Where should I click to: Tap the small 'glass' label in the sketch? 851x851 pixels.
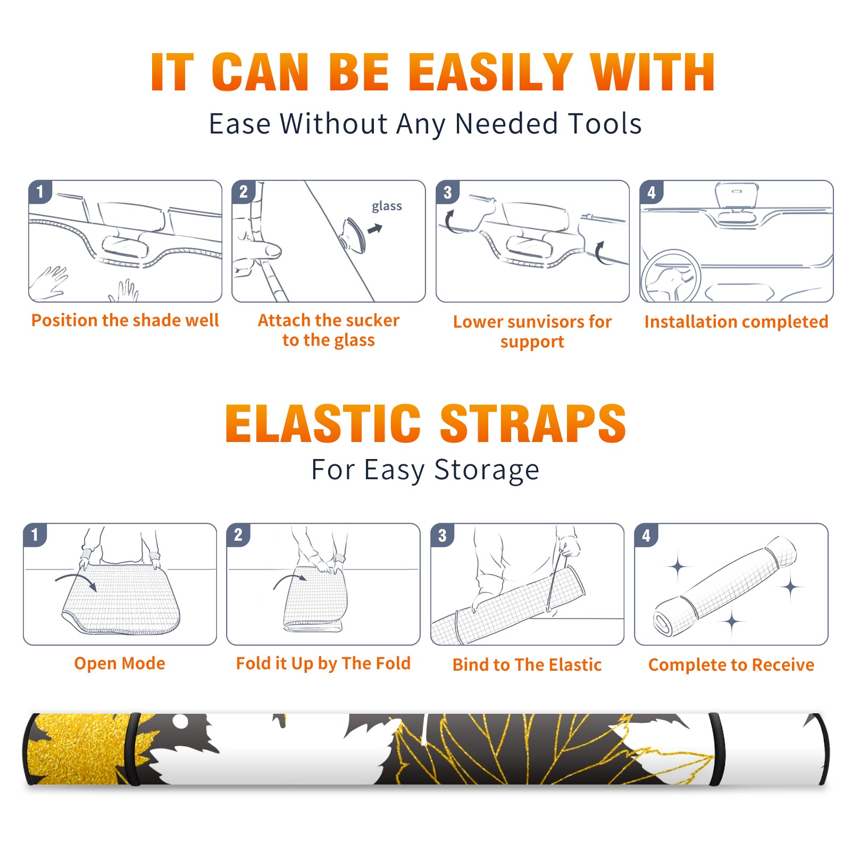[387, 206]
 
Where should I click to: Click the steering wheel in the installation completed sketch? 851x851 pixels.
[671, 277]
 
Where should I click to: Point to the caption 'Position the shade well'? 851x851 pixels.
[125, 320]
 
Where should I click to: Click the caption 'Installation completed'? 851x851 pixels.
[736, 322]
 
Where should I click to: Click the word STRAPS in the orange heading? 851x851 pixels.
[533, 423]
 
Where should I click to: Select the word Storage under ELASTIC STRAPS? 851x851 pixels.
[487, 471]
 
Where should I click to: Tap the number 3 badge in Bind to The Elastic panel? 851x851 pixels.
[443, 535]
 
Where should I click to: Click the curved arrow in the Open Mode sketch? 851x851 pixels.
[76, 581]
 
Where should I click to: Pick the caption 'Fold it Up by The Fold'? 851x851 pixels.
[323, 663]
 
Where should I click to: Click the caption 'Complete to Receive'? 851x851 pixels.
[731, 665]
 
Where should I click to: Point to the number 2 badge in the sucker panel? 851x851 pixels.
[244, 192]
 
